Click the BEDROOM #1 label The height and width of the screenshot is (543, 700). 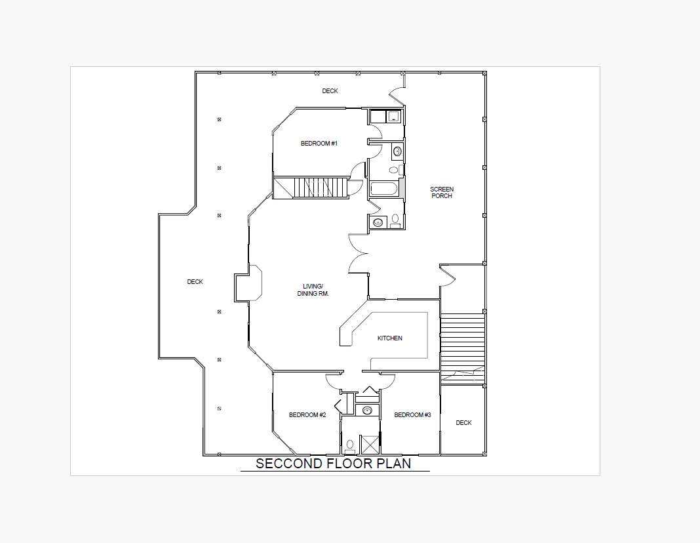pos(319,144)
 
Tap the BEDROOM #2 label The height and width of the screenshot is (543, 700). pos(307,415)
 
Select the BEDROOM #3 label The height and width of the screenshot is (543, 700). pos(412,415)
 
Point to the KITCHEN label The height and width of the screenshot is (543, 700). pos(390,338)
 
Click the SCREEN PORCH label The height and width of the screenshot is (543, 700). pos(442,192)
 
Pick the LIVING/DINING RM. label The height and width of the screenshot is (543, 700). pos(313,290)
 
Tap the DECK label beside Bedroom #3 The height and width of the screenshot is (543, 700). pos(463,422)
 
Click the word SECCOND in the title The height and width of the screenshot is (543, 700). pos(289,463)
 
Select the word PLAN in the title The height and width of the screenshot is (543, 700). pos(394,463)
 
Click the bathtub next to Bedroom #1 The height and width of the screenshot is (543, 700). pos(384,188)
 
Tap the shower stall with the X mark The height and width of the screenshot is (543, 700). pos(370,444)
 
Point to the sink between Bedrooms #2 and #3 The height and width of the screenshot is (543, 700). pos(367,411)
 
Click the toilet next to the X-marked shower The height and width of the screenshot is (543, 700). pos(350,446)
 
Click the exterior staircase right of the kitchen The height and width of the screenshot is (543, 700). pos(463,348)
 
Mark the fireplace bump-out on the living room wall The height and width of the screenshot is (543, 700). pos(248,283)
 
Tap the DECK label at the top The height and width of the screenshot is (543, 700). pos(330,90)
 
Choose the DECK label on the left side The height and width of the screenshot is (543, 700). pos(195,281)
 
